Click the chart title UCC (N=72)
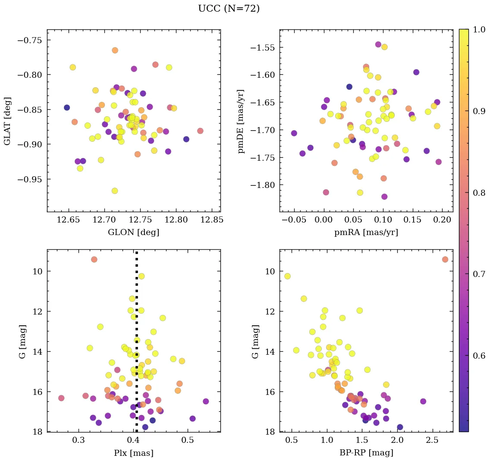coord(229,9)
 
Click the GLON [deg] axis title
coord(133,232)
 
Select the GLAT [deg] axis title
coord(7,121)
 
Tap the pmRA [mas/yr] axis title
coord(366,232)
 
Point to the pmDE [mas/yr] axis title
coord(241,121)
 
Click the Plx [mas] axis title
coord(133,453)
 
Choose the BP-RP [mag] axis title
coord(366,453)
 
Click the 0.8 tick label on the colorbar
coord(480,193)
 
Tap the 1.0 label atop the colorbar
coord(480,30)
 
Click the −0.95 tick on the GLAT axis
coord(31,179)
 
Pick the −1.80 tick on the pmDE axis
coord(263,185)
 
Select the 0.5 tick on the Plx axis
coord(188,440)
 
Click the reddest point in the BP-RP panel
coord(445,259)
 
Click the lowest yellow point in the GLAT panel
coord(114,191)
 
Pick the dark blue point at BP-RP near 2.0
coord(400,427)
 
